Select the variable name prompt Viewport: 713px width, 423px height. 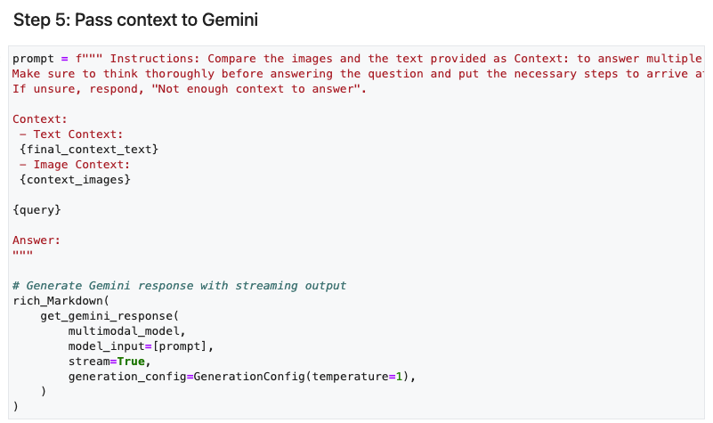[33, 59]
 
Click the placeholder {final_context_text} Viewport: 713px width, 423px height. [89, 149]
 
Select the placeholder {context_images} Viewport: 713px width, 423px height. [75, 180]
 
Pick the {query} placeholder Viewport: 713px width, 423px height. [36, 210]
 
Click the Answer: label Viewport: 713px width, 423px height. [36, 240]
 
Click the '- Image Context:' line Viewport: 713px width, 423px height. [75, 165]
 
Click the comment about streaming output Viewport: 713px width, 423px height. [179, 286]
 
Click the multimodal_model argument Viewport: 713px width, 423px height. [124, 331]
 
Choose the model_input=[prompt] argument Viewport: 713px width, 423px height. [141, 346]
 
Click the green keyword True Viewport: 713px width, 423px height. [131, 362]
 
